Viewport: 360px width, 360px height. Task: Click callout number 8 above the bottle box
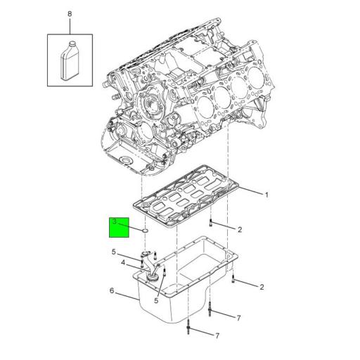click(70, 14)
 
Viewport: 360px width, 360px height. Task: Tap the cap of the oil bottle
click(72, 44)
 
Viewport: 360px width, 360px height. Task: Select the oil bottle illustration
click(70, 60)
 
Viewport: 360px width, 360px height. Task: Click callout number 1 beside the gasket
click(266, 195)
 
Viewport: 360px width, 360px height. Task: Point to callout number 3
click(115, 221)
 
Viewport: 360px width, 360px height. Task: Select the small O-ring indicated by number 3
click(145, 231)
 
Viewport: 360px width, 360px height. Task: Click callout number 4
click(123, 263)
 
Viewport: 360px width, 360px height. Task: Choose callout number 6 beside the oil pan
click(112, 291)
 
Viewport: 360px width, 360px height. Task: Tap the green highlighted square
click(119, 227)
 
